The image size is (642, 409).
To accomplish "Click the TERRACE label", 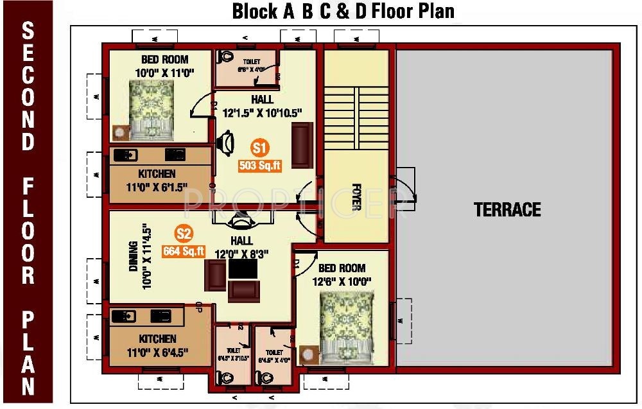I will tap(507, 209).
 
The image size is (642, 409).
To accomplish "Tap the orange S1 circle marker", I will tap(259, 148).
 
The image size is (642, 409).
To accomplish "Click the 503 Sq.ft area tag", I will tap(260, 166).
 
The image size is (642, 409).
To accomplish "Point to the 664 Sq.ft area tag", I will tap(184, 251).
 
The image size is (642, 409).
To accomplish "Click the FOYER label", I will tap(356, 198).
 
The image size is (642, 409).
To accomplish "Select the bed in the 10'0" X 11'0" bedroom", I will tap(152, 109).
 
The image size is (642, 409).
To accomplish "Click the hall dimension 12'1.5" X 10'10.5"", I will tap(262, 112).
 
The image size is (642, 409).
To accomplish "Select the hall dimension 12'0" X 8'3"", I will tap(243, 254).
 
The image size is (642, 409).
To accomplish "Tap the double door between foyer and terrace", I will tap(404, 187).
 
